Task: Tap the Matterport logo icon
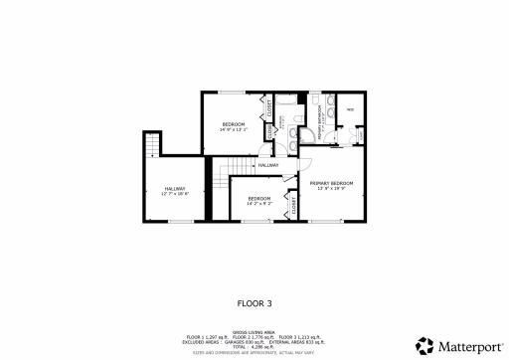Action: (x=425, y=345)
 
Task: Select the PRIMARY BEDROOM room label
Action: (x=332, y=185)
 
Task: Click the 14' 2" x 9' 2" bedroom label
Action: (x=258, y=200)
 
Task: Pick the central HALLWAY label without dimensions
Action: (x=268, y=164)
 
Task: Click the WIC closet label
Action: (x=350, y=110)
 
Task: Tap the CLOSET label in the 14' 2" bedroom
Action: (x=294, y=207)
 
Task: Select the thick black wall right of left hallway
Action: (x=209, y=189)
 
